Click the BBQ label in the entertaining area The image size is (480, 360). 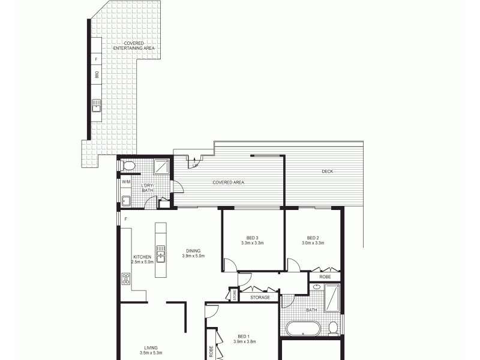pyautogui.click(x=96, y=75)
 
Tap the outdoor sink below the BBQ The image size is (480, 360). pyautogui.click(x=96, y=106)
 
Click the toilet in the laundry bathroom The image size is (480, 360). pyautogui.click(x=128, y=166)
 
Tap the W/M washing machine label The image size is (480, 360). pyautogui.click(x=126, y=182)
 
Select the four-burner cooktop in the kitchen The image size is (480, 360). pyautogui.click(x=126, y=279)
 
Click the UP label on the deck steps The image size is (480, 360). pyautogui.click(x=195, y=166)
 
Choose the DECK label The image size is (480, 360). pyautogui.click(x=327, y=172)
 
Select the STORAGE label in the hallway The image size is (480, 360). pyautogui.click(x=260, y=297)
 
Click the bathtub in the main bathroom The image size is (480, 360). pyautogui.click(x=302, y=328)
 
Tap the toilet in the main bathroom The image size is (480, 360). pyautogui.click(x=333, y=328)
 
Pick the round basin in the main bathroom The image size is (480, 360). pyautogui.click(x=316, y=287)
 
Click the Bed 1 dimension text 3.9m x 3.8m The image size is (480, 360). pyautogui.click(x=244, y=342)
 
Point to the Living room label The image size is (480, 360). pyautogui.click(x=151, y=347)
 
